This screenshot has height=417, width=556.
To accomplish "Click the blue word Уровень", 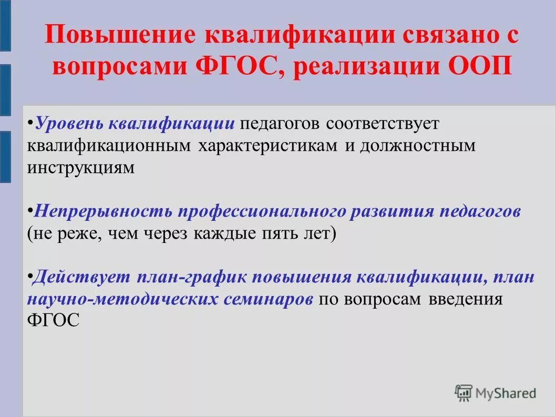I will pyautogui.click(x=70, y=125).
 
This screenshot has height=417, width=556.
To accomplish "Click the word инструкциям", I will pyautogui.click(x=81, y=168).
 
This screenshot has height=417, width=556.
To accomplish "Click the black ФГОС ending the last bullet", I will pyautogui.click(x=53, y=320).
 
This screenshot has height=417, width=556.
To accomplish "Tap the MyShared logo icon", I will pyautogui.click(x=464, y=393).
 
